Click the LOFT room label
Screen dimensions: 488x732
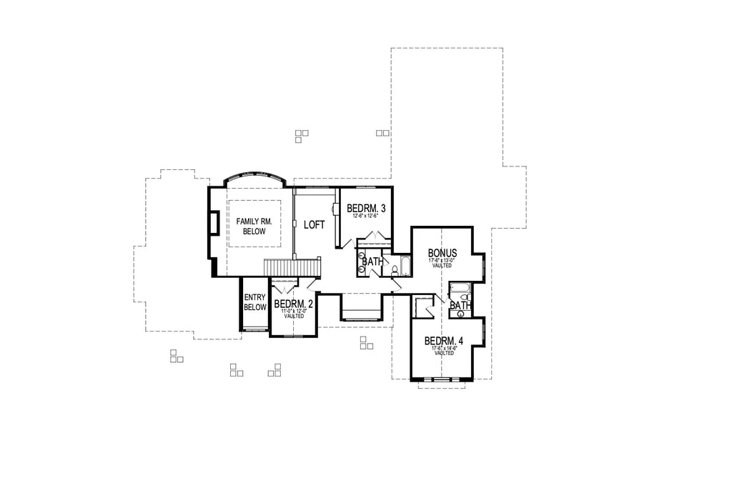coord(315,224)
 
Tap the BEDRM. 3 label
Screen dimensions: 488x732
coord(366,209)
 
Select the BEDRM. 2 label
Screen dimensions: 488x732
coord(294,304)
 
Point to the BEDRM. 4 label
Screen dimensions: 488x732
coord(444,341)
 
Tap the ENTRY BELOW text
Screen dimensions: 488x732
coord(254,302)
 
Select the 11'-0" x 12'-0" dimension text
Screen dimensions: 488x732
coord(294,311)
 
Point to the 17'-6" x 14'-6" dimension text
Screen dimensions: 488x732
coord(444,348)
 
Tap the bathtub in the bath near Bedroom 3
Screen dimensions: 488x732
coord(405,267)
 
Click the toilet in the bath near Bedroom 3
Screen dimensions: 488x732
coord(393,270)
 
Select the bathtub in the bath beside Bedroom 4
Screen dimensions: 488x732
coord(459,289)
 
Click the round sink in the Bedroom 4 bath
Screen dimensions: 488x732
coord(461,313)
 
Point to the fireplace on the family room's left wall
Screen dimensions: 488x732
coord(213,222)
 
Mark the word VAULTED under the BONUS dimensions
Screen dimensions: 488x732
coord(442,265)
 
